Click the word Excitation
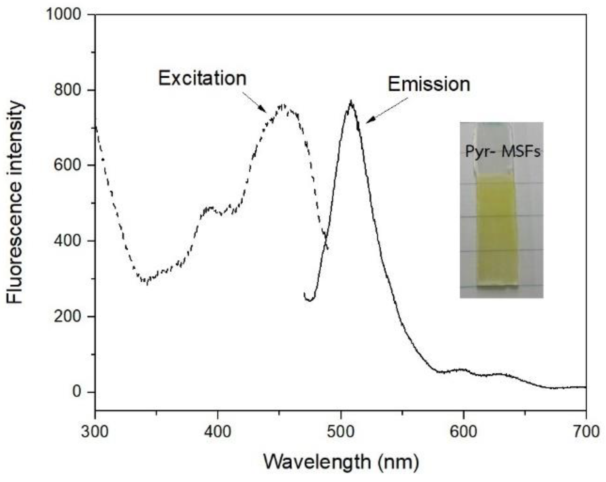[202, 79]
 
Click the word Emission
[429, 84]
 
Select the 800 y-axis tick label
[67, 90]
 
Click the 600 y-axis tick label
[67, 165]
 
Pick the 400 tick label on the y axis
[67, 241]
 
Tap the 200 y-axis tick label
[67, 316]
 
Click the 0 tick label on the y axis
[76, 392]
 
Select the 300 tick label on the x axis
[95, 431]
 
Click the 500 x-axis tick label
[341, 431]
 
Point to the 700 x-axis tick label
[586, 431]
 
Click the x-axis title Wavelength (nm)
[341, 462]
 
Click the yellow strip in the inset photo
[497, 230]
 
